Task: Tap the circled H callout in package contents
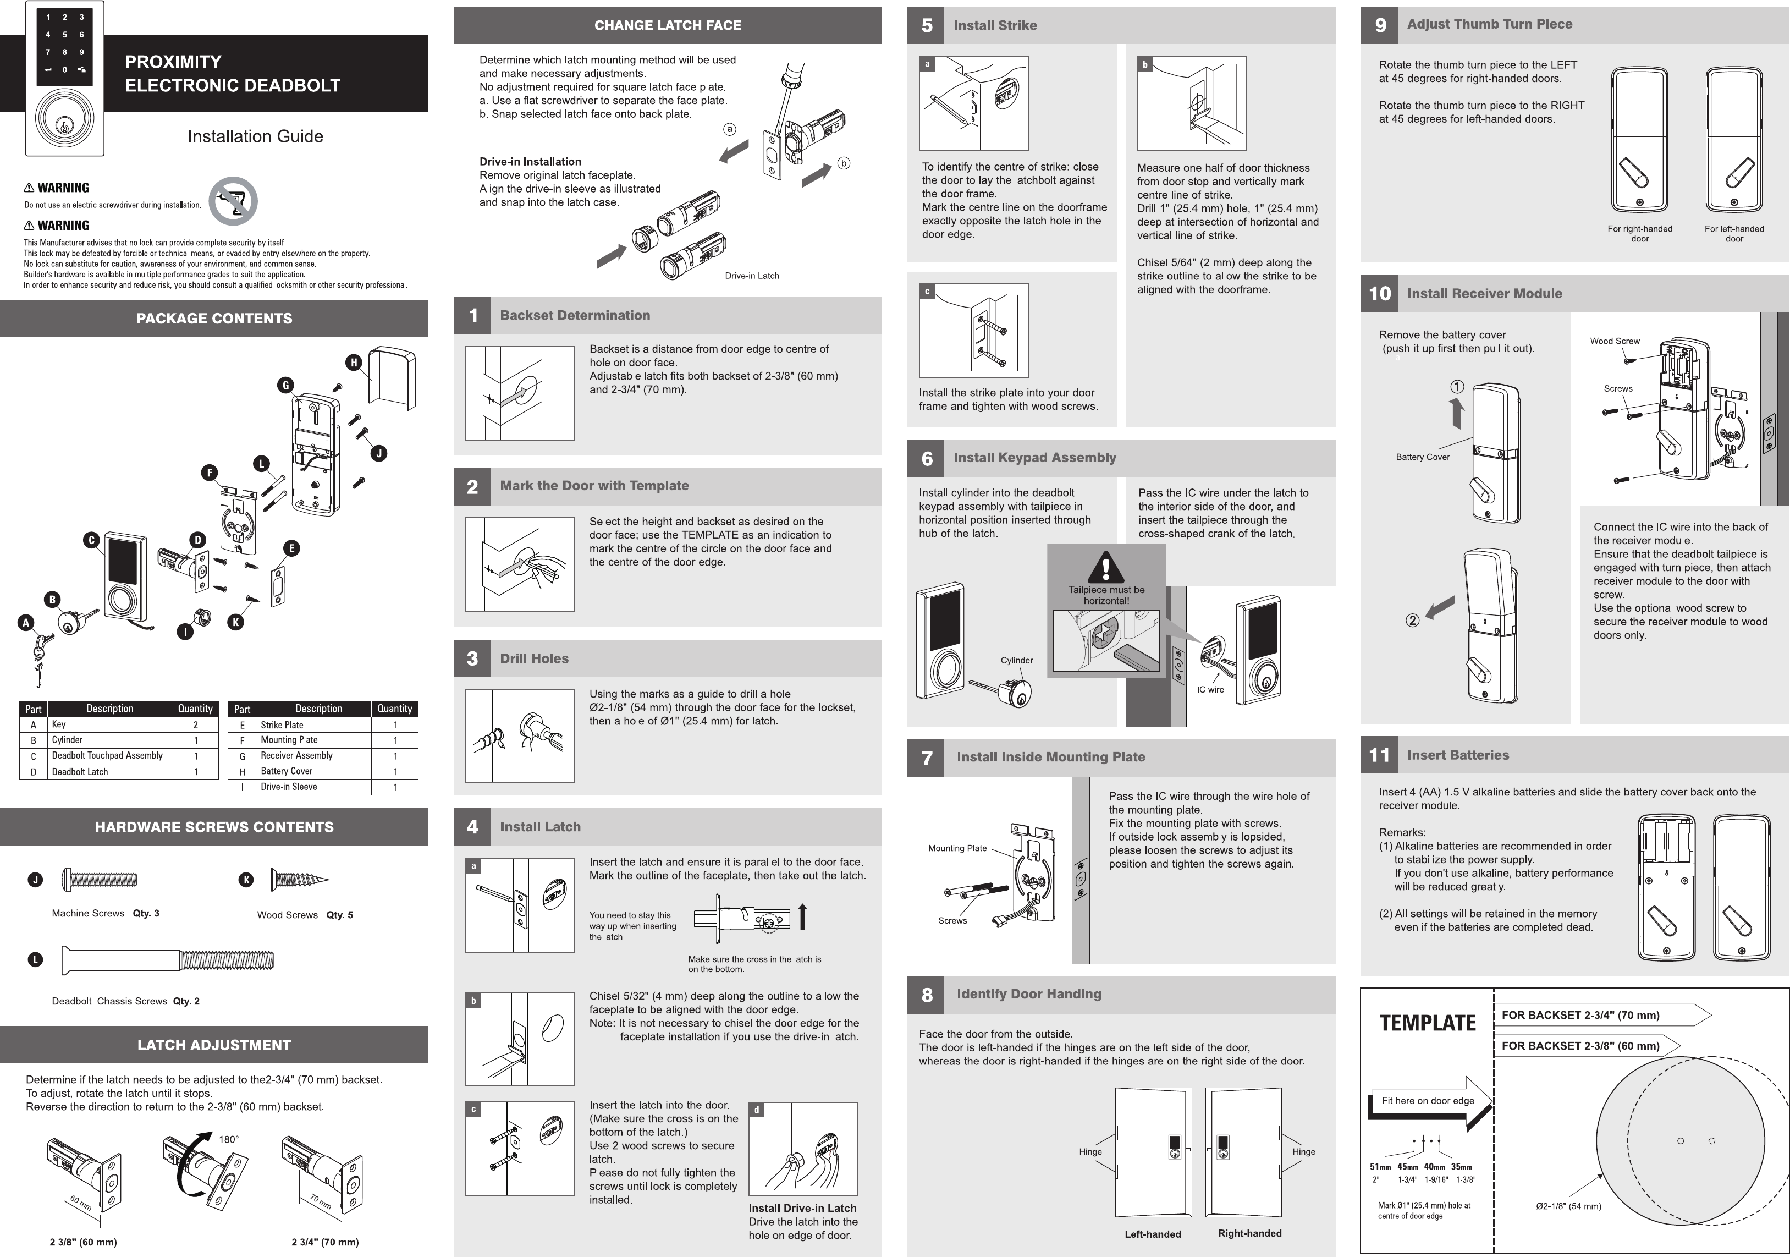[354, 362]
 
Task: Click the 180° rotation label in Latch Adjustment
[228, 1139]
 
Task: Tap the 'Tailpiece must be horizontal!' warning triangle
[1105, 567]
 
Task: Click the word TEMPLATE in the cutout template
[1428, 1023]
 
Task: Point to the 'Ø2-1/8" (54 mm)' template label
[1568, 1206]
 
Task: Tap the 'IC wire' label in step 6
[1210, 689]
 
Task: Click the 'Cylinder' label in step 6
[1017, 661]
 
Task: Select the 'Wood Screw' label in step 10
[1615, 341]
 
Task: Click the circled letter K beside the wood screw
[246, 880]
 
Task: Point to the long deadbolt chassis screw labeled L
[168, 960]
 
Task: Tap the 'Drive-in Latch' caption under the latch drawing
[752, 275]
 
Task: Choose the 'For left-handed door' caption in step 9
[1734, 234]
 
